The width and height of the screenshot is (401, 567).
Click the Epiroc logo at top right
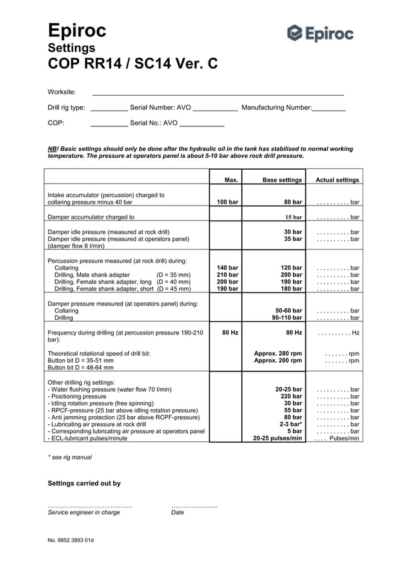[x=321, y=33]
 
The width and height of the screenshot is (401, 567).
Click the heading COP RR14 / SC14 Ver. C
[x=133, y=63]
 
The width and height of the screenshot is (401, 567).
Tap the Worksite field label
[x=62, y=92]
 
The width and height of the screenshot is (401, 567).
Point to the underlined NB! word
[x=53, y=149]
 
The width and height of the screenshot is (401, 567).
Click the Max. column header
[x=231, y=180]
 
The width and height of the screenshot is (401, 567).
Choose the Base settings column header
[x=282, y=180]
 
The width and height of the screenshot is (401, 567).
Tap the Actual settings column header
[x=338, y=180]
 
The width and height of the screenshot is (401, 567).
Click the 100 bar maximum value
[x=228, y=202]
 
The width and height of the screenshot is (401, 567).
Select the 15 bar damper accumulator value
[x=294, y=217]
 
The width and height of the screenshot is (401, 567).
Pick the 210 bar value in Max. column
[x=228, y=275]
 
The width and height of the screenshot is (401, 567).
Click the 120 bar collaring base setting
[x=291, y=267]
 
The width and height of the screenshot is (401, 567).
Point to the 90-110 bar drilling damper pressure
[x=287, y=318]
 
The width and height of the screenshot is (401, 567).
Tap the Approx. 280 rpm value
[x=278, y=353]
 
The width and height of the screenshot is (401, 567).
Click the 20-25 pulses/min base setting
[x=277, y=438]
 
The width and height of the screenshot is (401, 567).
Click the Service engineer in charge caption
[x=84, y=512]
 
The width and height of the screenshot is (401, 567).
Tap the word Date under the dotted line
[x=178, y=512]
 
